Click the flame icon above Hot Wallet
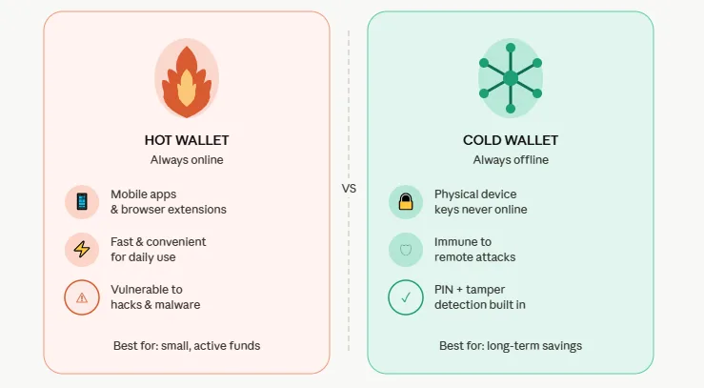187,81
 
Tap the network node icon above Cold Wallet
510,78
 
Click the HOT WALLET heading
187,140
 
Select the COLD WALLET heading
511,140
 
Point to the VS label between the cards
349,189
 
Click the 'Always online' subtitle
187,160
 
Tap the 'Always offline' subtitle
511,160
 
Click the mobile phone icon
82,201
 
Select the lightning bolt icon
82,250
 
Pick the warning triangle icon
82,297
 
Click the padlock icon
406,201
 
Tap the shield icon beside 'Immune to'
406,250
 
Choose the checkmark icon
406,297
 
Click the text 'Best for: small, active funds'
187,345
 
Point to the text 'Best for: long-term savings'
511,345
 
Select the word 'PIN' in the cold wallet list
446,289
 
